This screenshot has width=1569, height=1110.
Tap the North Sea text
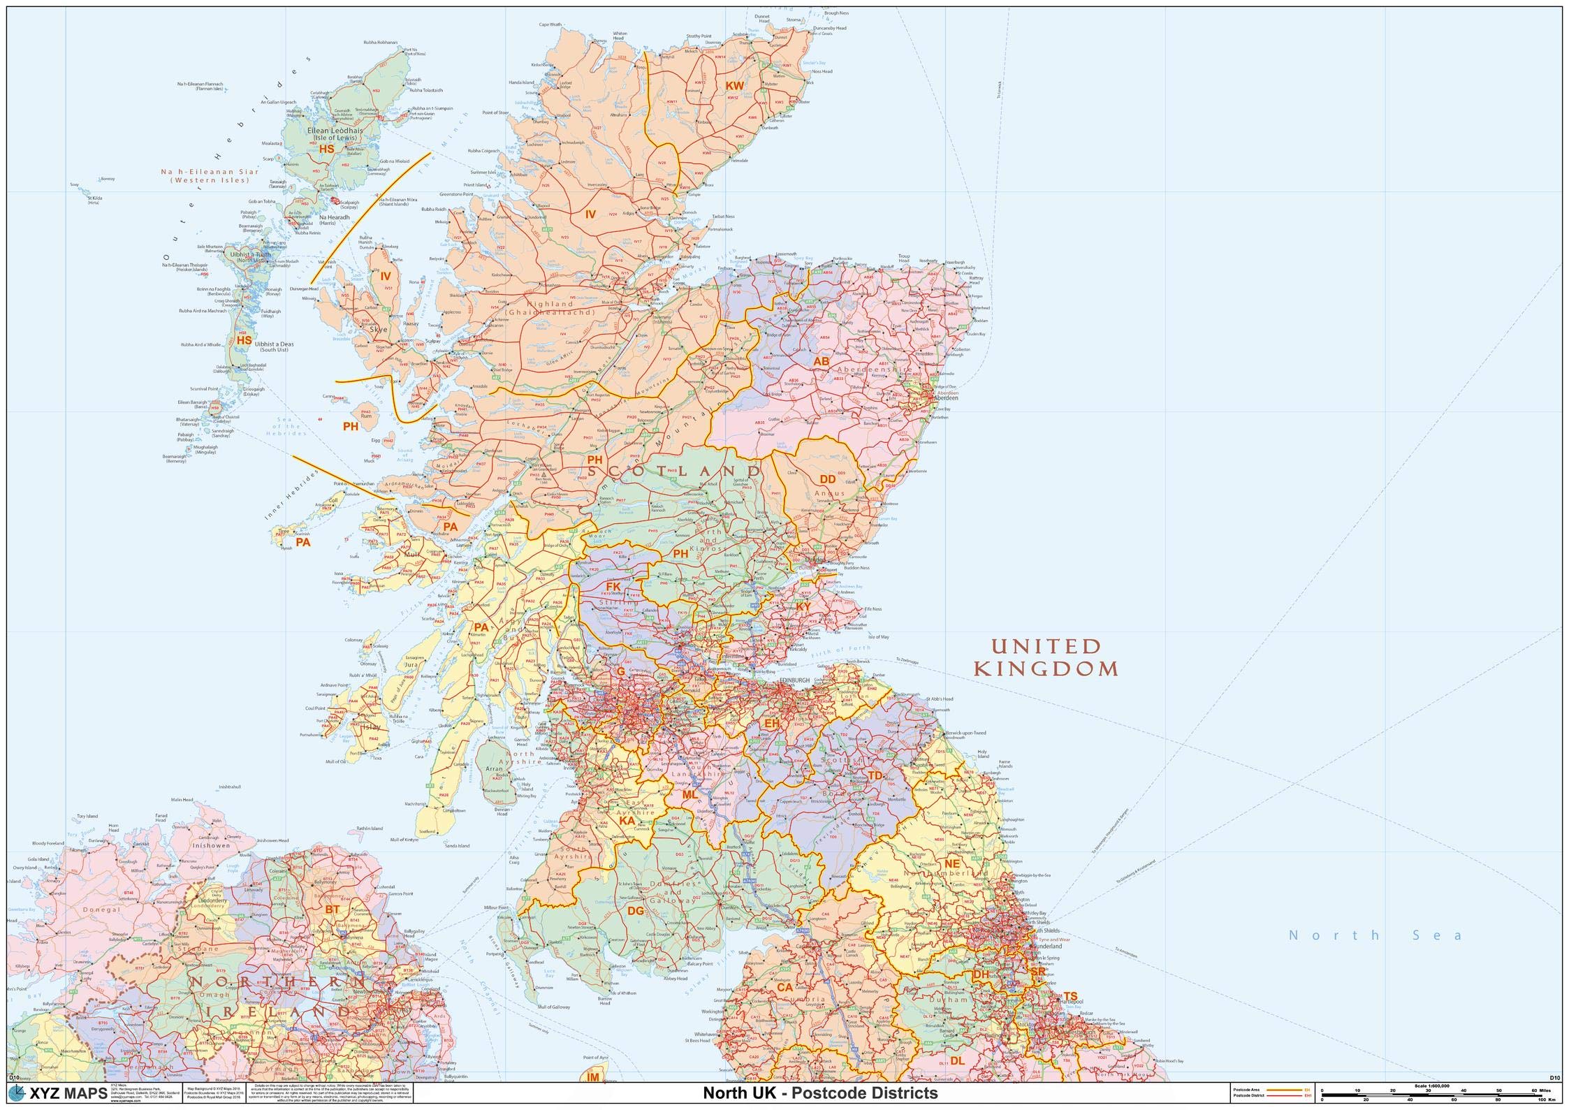(x=1375, y=935)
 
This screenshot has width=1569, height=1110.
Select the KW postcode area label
(x=734, y=86)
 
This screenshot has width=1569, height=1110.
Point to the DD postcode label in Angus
(x=827, y=479)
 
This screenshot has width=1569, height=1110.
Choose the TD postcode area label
(x=875, y=775)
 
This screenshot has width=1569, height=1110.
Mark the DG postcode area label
(x=635, y=910)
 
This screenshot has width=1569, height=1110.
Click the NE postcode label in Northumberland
(x=952, y=863)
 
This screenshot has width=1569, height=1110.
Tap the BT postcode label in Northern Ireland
(x=333, y=909)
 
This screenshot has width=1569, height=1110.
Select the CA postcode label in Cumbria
(x=784, y=988)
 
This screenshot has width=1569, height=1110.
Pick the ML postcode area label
(x=689, y=794)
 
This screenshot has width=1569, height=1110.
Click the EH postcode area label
(x=771, y=724)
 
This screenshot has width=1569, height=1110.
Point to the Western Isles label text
(x=210, y=176)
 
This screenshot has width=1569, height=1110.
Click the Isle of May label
(x=878, y=637)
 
